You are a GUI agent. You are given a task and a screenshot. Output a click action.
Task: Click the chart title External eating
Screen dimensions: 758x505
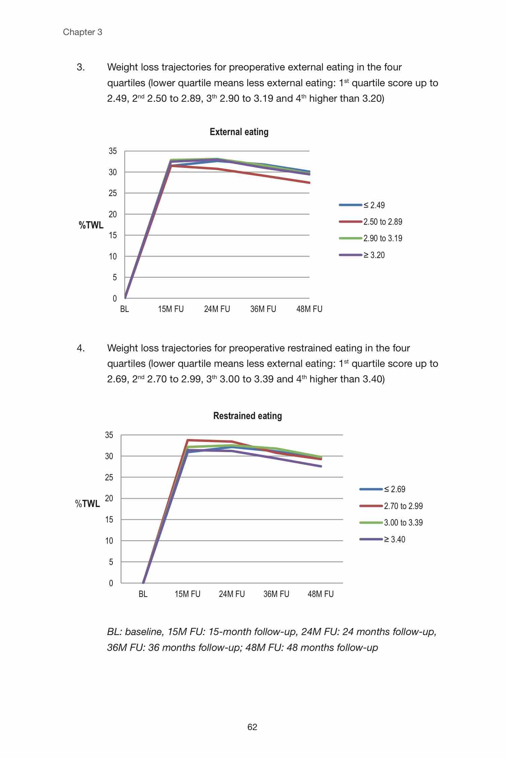(x=239, y=132)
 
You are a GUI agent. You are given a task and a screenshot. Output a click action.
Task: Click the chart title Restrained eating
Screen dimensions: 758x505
(x=247, y=416)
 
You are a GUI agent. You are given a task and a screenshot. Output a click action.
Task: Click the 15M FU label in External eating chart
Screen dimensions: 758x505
(x=171, y=309)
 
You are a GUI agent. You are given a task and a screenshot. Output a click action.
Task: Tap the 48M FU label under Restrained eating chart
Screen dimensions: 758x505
(x=321, y=594)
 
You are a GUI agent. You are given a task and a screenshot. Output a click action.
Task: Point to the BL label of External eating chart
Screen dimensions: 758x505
(x=125, y=309)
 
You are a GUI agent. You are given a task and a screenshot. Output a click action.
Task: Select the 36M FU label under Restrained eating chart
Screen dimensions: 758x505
(x=276, y=594)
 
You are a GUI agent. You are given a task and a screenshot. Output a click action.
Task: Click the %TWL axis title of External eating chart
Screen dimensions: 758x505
(x=91, y=225)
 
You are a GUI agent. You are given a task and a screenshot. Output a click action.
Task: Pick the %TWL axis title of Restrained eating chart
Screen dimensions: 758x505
(x=88, y=504)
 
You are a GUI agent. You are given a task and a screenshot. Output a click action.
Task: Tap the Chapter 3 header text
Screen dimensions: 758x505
(x=82, y=32)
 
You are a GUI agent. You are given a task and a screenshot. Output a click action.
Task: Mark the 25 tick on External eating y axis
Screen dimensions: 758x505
(x=112, y=193)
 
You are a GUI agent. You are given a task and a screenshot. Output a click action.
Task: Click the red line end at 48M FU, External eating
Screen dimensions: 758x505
(x=309, y=183)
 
